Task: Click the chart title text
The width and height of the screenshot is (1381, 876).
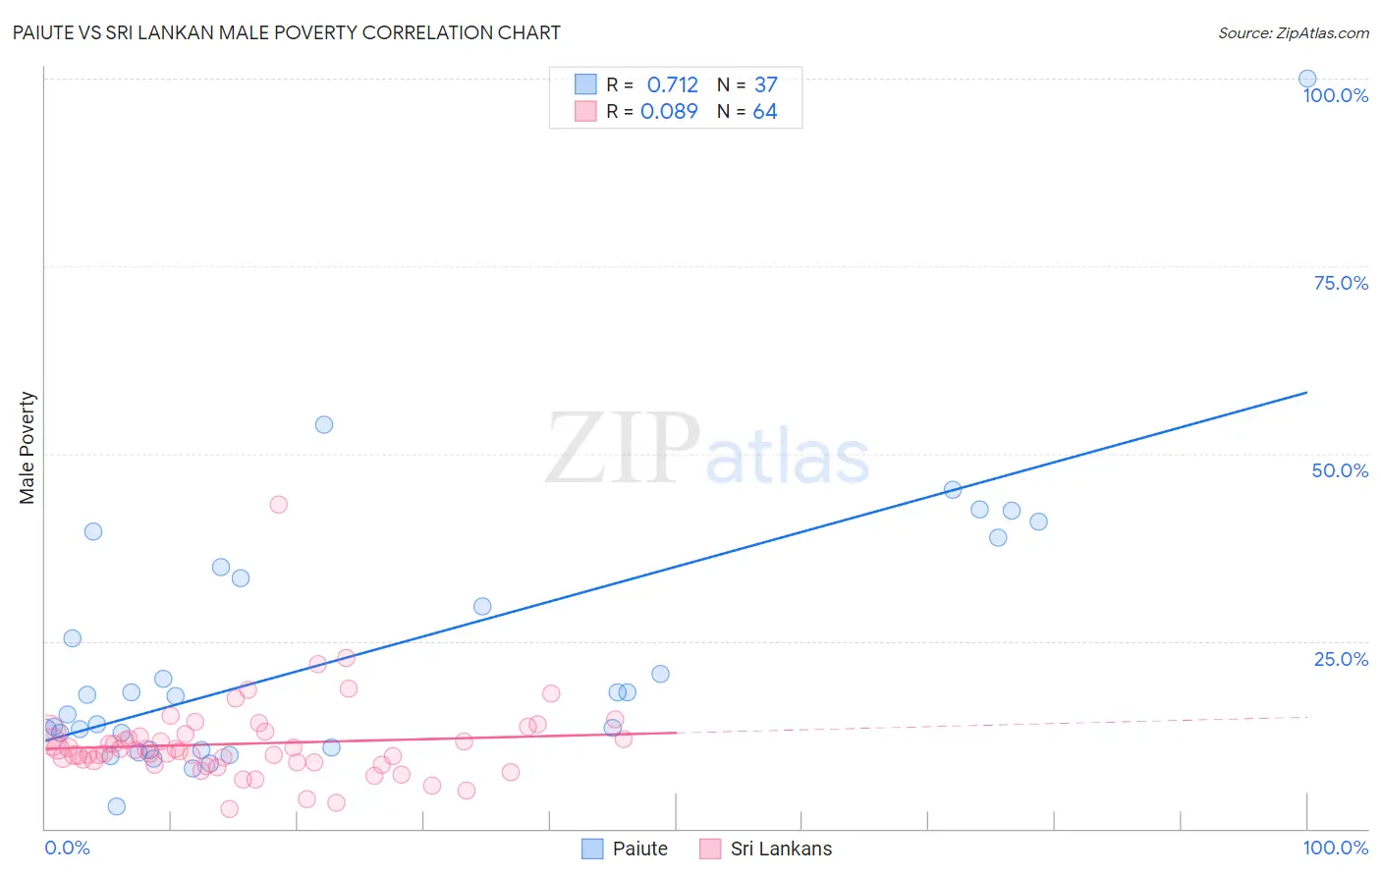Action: coord(286,32)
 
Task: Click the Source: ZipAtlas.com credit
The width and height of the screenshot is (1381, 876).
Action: coord(1293,33)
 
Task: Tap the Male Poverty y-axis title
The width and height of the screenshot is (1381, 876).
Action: coord(28,448)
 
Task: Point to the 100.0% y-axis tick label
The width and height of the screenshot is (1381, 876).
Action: coord(1335,95)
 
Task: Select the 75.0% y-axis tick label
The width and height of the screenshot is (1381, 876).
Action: coord(1341,283)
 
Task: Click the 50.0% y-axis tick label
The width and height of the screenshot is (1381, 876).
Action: coord(1340,470)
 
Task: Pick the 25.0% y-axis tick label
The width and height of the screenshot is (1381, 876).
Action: coord(1341,658)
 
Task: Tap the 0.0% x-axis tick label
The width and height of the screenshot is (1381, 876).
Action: coord(67,848)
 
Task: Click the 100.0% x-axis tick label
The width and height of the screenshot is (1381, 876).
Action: coord(1335,848)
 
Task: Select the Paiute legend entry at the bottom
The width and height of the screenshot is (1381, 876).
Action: coord(639,849)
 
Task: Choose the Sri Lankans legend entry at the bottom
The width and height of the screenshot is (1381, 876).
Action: coord(781,849)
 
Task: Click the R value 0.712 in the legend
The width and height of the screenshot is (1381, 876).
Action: coord(672,85)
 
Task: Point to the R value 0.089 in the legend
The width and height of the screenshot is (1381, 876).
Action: coord(669,112)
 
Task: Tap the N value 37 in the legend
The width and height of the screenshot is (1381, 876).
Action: coord(765,85)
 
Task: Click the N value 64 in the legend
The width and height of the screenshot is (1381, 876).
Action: coord(764,112)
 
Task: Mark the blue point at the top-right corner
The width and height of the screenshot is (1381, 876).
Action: coord(1306,79)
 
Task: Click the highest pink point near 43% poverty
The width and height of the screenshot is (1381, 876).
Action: coord(278,504)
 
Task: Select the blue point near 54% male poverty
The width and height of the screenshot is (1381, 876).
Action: coord(324,424)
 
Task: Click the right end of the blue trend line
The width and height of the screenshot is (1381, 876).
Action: coord(1305,393)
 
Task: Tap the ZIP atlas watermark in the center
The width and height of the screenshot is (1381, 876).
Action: coord(707,450)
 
